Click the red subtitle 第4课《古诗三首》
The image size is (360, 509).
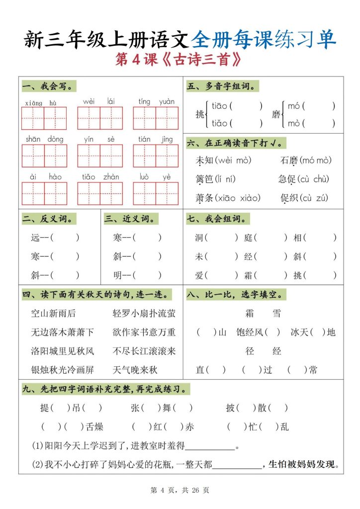(x=180, y=60)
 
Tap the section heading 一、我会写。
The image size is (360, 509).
(x=49, y=86)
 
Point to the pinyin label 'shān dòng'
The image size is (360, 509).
(x=44, y=140)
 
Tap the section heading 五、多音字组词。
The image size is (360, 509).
(x=222, y=86)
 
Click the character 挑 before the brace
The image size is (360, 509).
(x=200, y=114)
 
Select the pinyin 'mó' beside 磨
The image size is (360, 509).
(x=294, y=106)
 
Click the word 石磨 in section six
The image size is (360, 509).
(x=289, y=161)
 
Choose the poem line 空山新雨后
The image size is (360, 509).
(x=53, y=313)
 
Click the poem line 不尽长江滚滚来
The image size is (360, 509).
(x=144, y=351)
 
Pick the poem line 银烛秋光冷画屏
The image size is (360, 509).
(x=62, y=370)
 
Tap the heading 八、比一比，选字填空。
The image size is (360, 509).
(x=236, y=295)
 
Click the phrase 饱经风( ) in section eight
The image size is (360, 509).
(x=258, y=332)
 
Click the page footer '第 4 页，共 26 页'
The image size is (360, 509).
(x=180, y=490)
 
